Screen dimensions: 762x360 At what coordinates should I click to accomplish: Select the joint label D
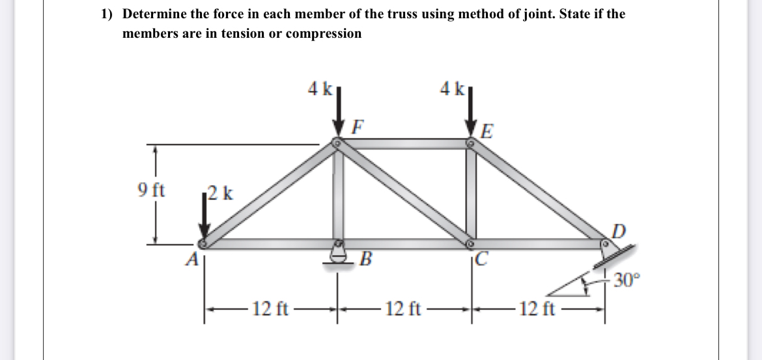coord(619,229)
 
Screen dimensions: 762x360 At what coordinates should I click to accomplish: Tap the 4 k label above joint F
coord(320,88)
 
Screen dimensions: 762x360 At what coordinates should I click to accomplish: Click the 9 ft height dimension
coord(152,191)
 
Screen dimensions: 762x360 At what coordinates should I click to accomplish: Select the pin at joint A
coord(203,243)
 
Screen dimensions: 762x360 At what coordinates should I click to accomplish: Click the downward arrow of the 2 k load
coord(205,218)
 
